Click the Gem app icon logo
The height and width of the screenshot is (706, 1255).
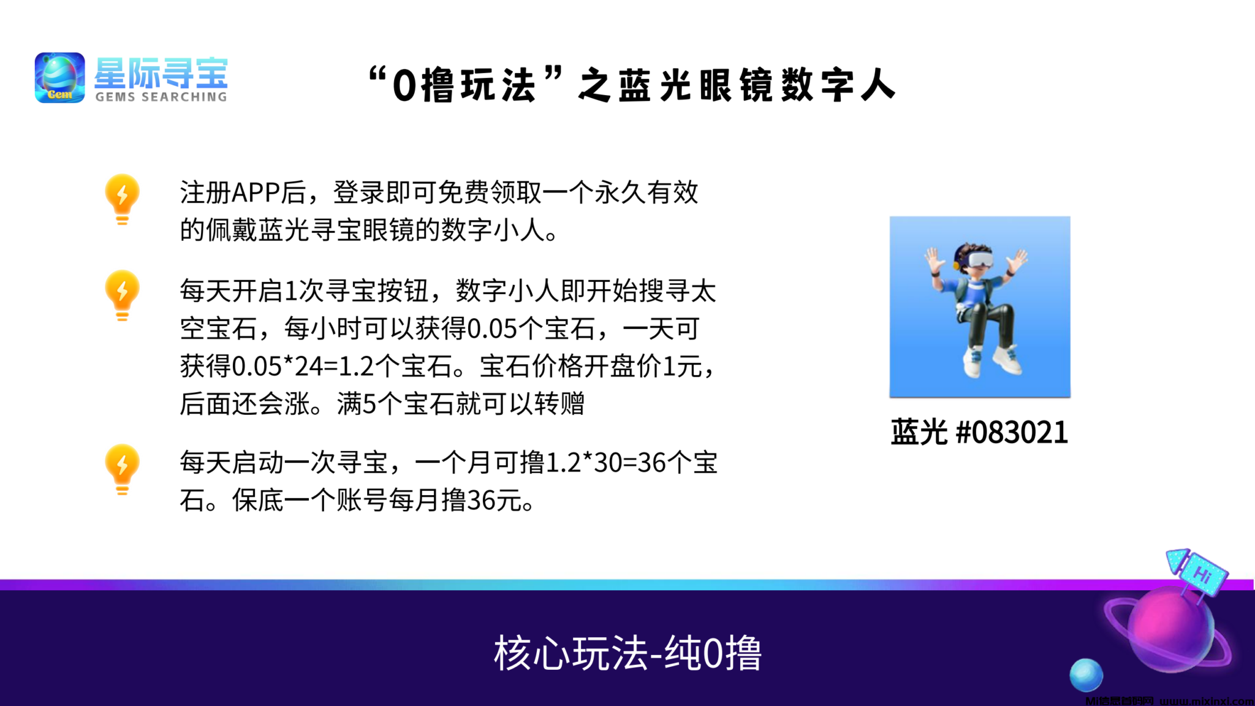pos(59,77)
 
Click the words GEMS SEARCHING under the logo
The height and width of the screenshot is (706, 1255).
pos(161,97)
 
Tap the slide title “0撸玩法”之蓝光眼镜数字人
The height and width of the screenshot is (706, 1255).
pos(632,85)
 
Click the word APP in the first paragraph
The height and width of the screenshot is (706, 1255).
pos(256,193)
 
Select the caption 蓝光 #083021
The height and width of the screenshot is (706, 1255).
pos(979,432)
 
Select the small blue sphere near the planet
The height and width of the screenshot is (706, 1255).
pos(1086,675)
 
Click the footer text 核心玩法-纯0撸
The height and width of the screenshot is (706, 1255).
pos(627,653)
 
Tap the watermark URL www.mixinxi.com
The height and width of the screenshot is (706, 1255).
pos(1206,701)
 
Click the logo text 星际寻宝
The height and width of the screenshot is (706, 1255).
pos(161,73)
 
